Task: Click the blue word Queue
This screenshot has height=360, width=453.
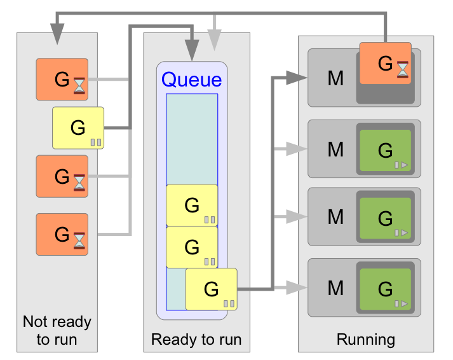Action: tap(191, 80)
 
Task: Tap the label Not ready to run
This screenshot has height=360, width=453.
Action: tap(57, 330)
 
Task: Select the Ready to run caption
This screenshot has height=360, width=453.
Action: tap(196, 339)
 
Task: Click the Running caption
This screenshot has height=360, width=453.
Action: tap(366, 339)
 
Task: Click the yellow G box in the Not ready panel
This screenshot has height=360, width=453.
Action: tap(78, 128)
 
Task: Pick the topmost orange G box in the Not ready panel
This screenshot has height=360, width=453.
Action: tap(62, 80)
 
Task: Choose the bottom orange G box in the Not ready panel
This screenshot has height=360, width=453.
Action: tap(62, 234)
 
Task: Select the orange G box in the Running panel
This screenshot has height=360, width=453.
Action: tap(385, 63)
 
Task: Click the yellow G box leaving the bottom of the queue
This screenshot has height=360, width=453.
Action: tap(211, 289)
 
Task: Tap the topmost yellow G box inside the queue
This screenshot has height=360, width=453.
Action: tap(192, 205)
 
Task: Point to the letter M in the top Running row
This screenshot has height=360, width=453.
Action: tap(335, 78)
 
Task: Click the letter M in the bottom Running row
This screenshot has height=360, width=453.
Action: tap(335, 288)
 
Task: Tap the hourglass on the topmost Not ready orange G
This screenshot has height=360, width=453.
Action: tap(79, 85)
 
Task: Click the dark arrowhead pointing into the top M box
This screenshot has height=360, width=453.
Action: tap(295, 78)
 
